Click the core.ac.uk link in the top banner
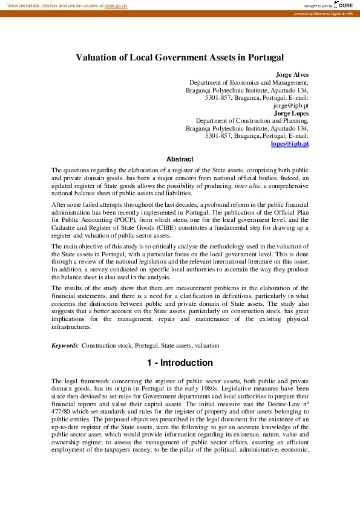(x=116, y=5)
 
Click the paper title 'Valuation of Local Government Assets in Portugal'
(x=180, y=57)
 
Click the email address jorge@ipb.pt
(x=291, y=105)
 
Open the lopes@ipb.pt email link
(x=290, y=144)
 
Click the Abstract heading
(x=180, y=160)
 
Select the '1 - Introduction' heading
(x=180, y=363)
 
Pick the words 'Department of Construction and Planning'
(x=252, y=121)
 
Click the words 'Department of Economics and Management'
(x=249, y=83)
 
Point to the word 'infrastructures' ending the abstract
(x=71, y=327)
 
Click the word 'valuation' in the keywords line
(x=206, y=345)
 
